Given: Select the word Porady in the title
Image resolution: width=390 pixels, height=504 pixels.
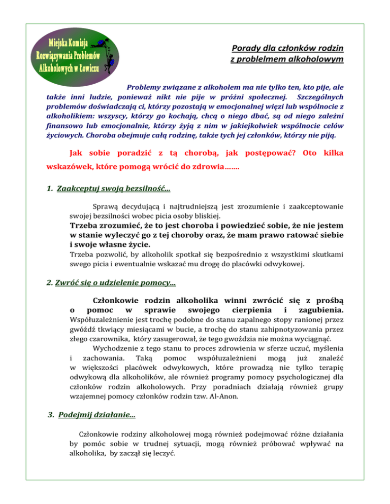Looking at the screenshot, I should [246, 49].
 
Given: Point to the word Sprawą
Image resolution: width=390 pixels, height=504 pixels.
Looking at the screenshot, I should [106, 206].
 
